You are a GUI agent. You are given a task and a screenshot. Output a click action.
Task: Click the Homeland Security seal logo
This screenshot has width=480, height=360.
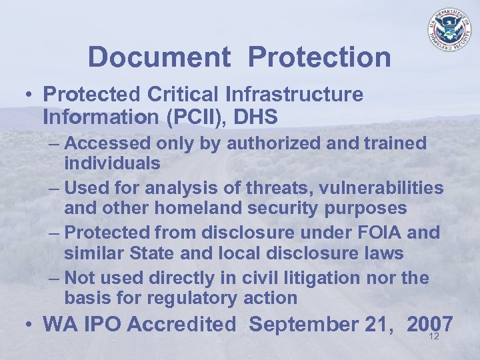449,30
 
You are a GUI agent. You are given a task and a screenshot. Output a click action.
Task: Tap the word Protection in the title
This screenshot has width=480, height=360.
319,57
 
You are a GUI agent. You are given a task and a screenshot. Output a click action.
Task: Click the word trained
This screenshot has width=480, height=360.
392,143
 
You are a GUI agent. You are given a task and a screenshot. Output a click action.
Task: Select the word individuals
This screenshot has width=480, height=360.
112,163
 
